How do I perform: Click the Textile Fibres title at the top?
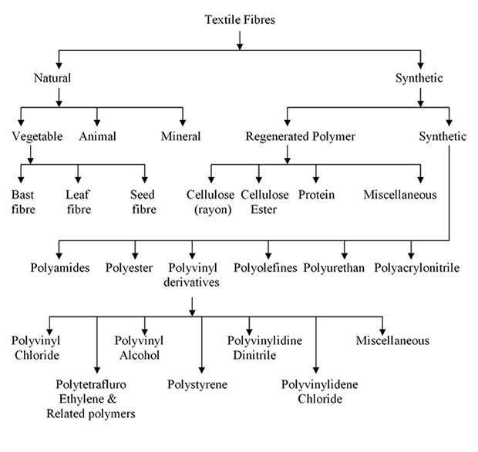click(x=240, y=20)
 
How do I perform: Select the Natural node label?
click(x=52, y=78)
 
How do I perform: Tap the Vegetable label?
click(x=37, y=136)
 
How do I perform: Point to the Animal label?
click(x=98, y=136)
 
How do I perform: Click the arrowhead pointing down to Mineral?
click(x=183, y=122)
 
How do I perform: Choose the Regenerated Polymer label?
click(x=300, y=136)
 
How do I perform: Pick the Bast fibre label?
click(x=23, y=202)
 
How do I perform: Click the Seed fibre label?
click(x=143, y=202)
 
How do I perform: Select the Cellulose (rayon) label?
click(x=210, y=202)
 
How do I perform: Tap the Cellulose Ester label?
click(x=264, y=202)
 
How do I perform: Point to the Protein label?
click(x=316, y=195)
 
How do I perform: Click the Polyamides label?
click(x=60, y=268)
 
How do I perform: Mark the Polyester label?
click(x=129, y=268)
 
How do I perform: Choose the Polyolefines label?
click(x=265, y=268)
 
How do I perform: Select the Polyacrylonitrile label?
click(x=417, y=268)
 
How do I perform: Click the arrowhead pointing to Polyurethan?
click(x=345, y=256)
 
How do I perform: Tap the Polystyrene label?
click(x=197, y=384)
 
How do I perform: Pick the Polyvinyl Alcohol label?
click(x=139, y=348)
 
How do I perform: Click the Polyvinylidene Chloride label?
click(x=319, y=392)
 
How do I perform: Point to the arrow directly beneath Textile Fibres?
click(x=240, y=41)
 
